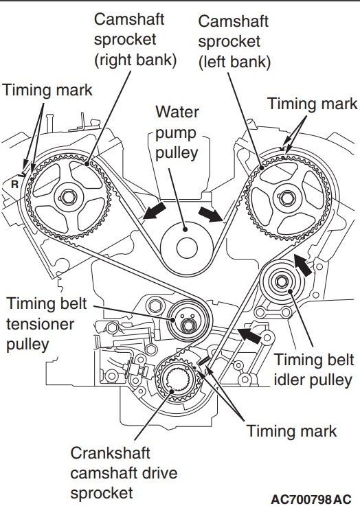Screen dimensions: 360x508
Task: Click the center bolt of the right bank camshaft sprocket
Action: click(69, 196)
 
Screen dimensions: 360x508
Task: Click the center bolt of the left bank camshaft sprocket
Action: click(286, 197)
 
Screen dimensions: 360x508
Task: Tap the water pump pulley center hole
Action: click(187, 248)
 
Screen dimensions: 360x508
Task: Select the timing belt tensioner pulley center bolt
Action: click(188, 325)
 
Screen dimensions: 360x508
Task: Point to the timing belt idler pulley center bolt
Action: click(282, 281)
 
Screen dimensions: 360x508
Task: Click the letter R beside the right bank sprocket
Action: click(14, 185)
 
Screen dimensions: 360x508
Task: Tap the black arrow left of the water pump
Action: click(155, 211)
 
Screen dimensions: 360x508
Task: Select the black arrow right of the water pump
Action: click(211, 214)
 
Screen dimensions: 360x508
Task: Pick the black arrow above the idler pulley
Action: click(302, 264)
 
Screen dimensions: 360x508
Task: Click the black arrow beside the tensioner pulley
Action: click(249, 335)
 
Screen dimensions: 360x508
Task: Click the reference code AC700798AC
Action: click(311, 498)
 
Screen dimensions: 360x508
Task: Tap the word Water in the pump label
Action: click(177, 112)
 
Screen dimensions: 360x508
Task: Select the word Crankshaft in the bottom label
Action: click(110, 452)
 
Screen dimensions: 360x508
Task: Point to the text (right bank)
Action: click(135, 60)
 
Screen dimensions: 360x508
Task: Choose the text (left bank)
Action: click(234, 62)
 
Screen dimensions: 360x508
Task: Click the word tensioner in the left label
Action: click(41, 323)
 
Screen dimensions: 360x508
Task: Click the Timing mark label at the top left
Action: click(47, 90)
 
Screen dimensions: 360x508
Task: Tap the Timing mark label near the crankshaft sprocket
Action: click(291, 431)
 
